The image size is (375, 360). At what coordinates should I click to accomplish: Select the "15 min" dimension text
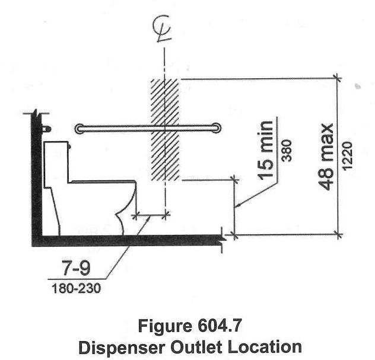pos(268,149)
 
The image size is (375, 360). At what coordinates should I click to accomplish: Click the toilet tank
pos(57,160)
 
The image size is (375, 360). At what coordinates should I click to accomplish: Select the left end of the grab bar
pos(80,128)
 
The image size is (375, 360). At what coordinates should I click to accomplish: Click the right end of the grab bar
pos(218,128)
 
